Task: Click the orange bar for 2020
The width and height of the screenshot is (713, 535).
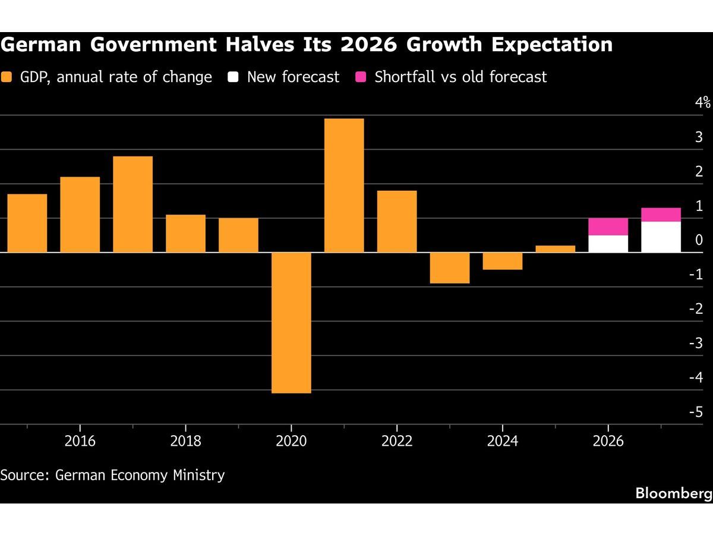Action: point(291,323)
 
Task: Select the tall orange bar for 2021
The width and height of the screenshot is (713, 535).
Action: point(344,185)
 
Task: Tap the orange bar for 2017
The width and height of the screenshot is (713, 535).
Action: point(132,204)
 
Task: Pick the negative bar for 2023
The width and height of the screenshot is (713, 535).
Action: point(449,268)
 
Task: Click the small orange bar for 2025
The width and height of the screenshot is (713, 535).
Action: point(555,249)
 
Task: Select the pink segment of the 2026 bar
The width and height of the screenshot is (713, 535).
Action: point(608,226)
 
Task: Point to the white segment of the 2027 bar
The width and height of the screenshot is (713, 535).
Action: point(661,237)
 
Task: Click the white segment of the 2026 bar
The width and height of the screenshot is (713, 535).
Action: point(608,244)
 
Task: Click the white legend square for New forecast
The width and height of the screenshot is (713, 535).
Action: point(233,77)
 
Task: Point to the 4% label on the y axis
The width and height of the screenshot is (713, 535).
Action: point(703,102)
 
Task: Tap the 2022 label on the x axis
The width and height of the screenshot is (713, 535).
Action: point(397,442)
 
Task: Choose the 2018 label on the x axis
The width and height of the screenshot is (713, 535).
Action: point(185,442)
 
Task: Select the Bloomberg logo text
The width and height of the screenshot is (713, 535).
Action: point(673,493)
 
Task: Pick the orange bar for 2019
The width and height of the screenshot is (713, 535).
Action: point(238,235)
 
